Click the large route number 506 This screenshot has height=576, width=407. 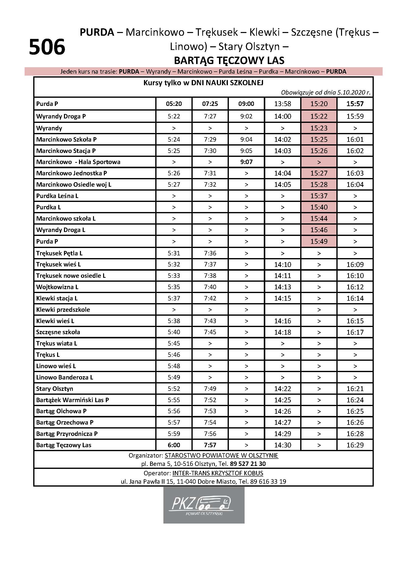(47, 47)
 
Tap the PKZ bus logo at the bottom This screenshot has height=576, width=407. (203, 505)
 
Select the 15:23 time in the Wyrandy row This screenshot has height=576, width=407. (319, 128)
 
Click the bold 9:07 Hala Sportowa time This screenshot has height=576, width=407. (246, 162)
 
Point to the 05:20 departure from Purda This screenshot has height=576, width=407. (174, 104)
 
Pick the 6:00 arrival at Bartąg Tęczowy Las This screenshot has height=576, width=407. (174, 445)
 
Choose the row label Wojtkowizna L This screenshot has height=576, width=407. (57, 287)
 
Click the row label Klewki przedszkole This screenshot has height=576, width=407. (63, 310)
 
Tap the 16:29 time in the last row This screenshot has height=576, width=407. (355, 445)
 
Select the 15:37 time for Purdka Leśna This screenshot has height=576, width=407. (319, 196)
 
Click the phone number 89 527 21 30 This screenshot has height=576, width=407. (248, 464)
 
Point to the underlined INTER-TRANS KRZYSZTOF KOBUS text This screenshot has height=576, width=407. (218, 473)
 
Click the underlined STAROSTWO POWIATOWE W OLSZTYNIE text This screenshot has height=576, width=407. (221, 456)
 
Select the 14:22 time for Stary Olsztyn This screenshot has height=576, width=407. (282, 389)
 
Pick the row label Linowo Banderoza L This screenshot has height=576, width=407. (64, 377)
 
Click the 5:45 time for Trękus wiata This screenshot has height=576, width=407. (174, 344)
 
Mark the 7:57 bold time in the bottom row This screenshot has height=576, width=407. (210, 445)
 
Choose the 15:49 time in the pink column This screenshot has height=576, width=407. (319, 242)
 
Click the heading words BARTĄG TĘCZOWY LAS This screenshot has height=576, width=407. (229, 61)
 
